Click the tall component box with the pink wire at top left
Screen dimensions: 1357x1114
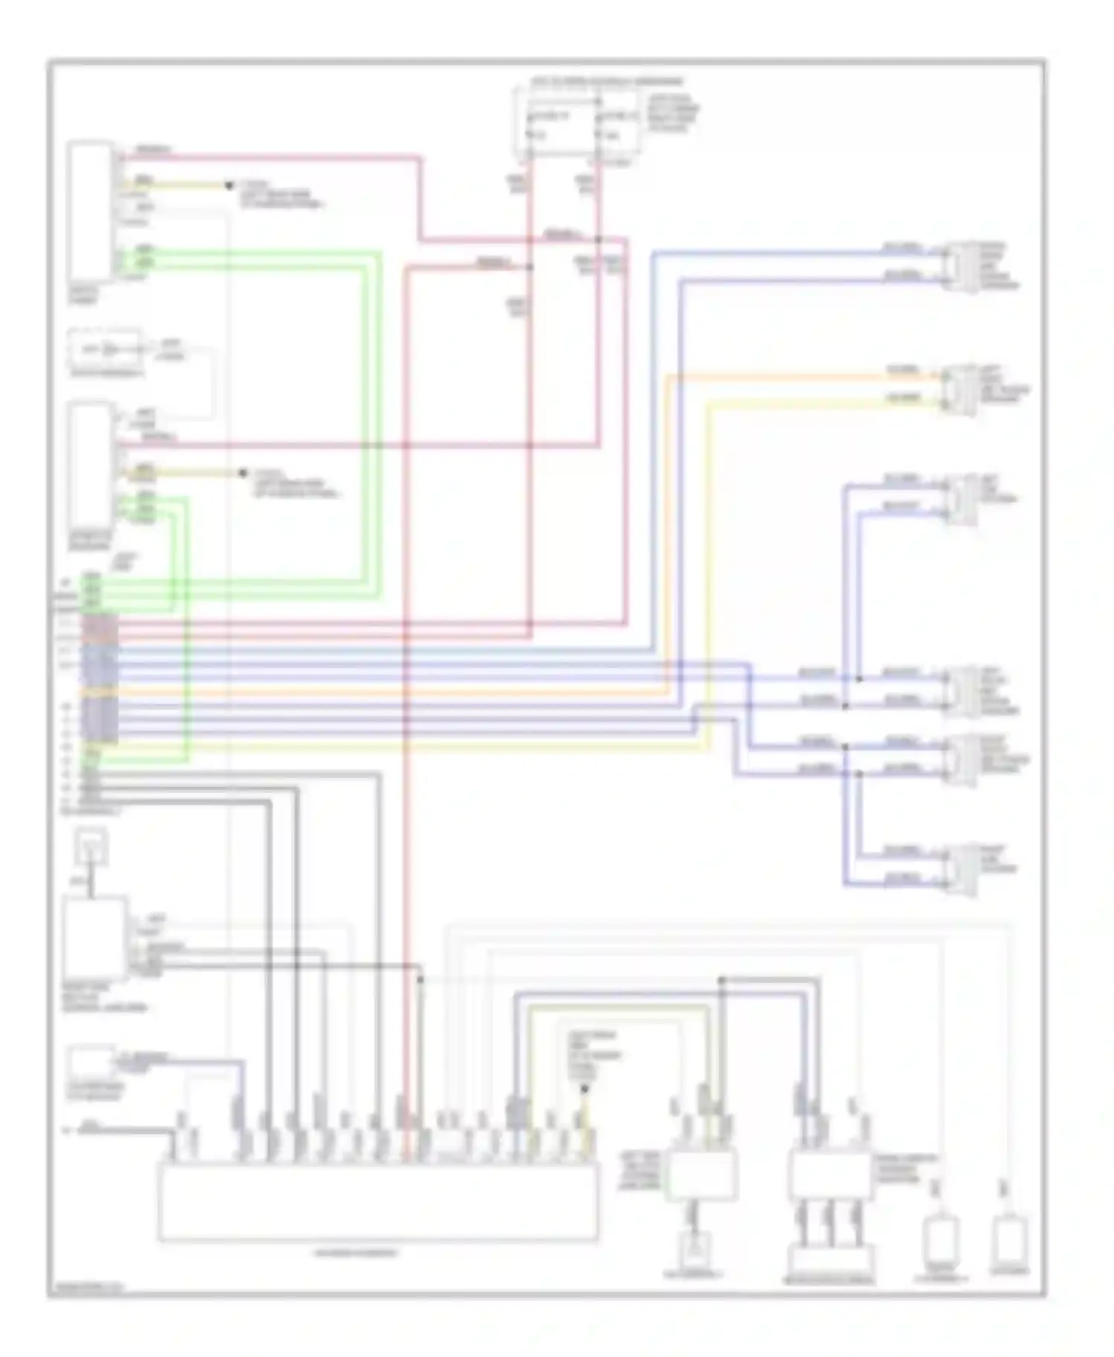(91, 212)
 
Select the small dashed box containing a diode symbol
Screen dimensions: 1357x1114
(104, 349)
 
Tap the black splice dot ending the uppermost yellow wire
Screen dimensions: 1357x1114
(229, 185)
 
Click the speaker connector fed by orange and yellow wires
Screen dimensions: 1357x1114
(960, 390)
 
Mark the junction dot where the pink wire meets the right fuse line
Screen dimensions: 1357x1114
(599, 240)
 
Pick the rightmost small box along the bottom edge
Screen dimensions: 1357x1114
(1010, 1240)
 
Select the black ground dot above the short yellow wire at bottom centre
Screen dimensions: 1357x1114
(584, 1089)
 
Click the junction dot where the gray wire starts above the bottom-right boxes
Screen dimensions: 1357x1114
(721, 981)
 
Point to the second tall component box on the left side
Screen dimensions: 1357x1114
(91, 474)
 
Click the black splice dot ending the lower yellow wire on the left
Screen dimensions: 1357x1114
(242, 473)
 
